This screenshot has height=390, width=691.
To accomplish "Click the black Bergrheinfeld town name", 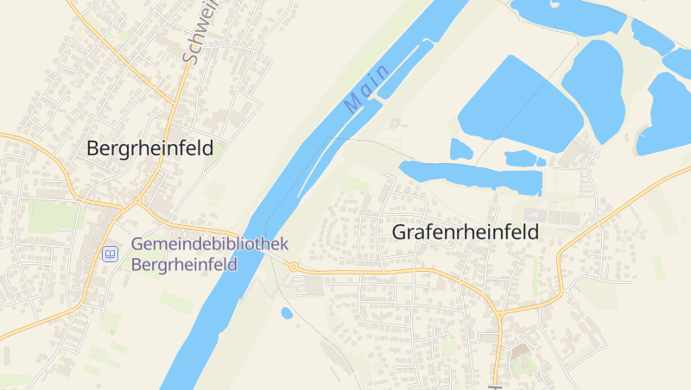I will click(149, 148).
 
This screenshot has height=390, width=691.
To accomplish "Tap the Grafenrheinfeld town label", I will click(465, 232).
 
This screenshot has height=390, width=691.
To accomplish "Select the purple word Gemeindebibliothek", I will click(210, 245).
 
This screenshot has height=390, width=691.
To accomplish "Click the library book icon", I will click(110, 254).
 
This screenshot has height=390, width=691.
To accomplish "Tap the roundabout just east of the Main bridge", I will click(293, 267).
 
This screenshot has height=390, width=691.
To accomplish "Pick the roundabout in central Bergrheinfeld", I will click(136, 201).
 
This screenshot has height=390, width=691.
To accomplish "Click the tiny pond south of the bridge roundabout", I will click(287, 313).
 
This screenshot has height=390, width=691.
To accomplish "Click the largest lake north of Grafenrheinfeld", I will click(518, 108).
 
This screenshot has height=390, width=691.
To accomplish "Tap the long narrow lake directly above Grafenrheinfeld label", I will click(471, 175).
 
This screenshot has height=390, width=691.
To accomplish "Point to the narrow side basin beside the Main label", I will click(403, 68).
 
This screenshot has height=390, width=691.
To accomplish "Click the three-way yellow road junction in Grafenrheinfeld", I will click(499, 312).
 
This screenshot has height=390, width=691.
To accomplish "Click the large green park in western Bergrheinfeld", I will click(52, 217).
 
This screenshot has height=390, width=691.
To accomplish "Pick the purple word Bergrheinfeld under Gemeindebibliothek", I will click(184, 265).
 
